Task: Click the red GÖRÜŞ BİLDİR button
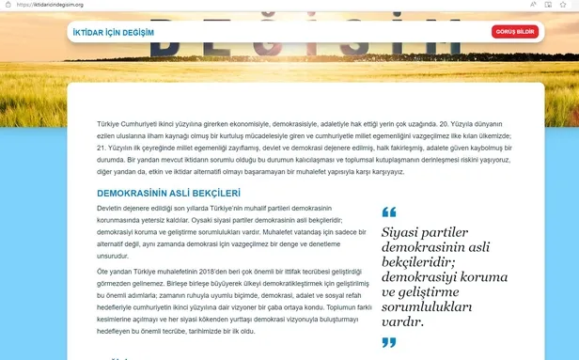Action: pyautogui.click(x=514, y=32)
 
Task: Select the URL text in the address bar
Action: pyautogui.click(x=57, y=4)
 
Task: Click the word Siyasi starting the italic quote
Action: pyautogui.click(x=402, y=232)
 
